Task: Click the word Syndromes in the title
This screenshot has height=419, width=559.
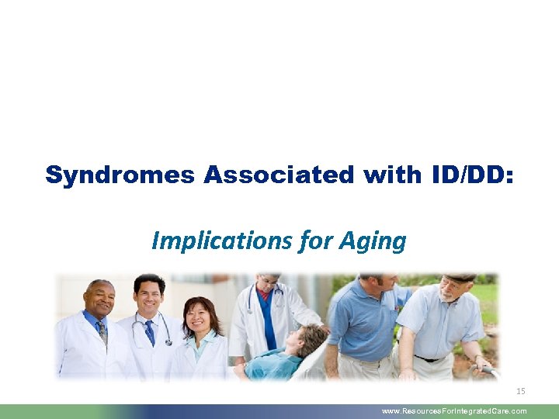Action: (x=121, y=175)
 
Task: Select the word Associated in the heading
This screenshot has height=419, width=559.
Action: (x=277, y=175)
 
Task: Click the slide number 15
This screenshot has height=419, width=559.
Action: (x=520, y=391)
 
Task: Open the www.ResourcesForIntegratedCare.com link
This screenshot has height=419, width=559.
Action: (x=453, y=411)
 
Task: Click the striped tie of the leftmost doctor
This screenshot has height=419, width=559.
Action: (x=102, y=332)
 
